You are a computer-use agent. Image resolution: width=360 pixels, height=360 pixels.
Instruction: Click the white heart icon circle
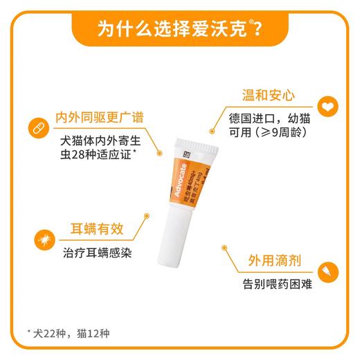325,106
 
